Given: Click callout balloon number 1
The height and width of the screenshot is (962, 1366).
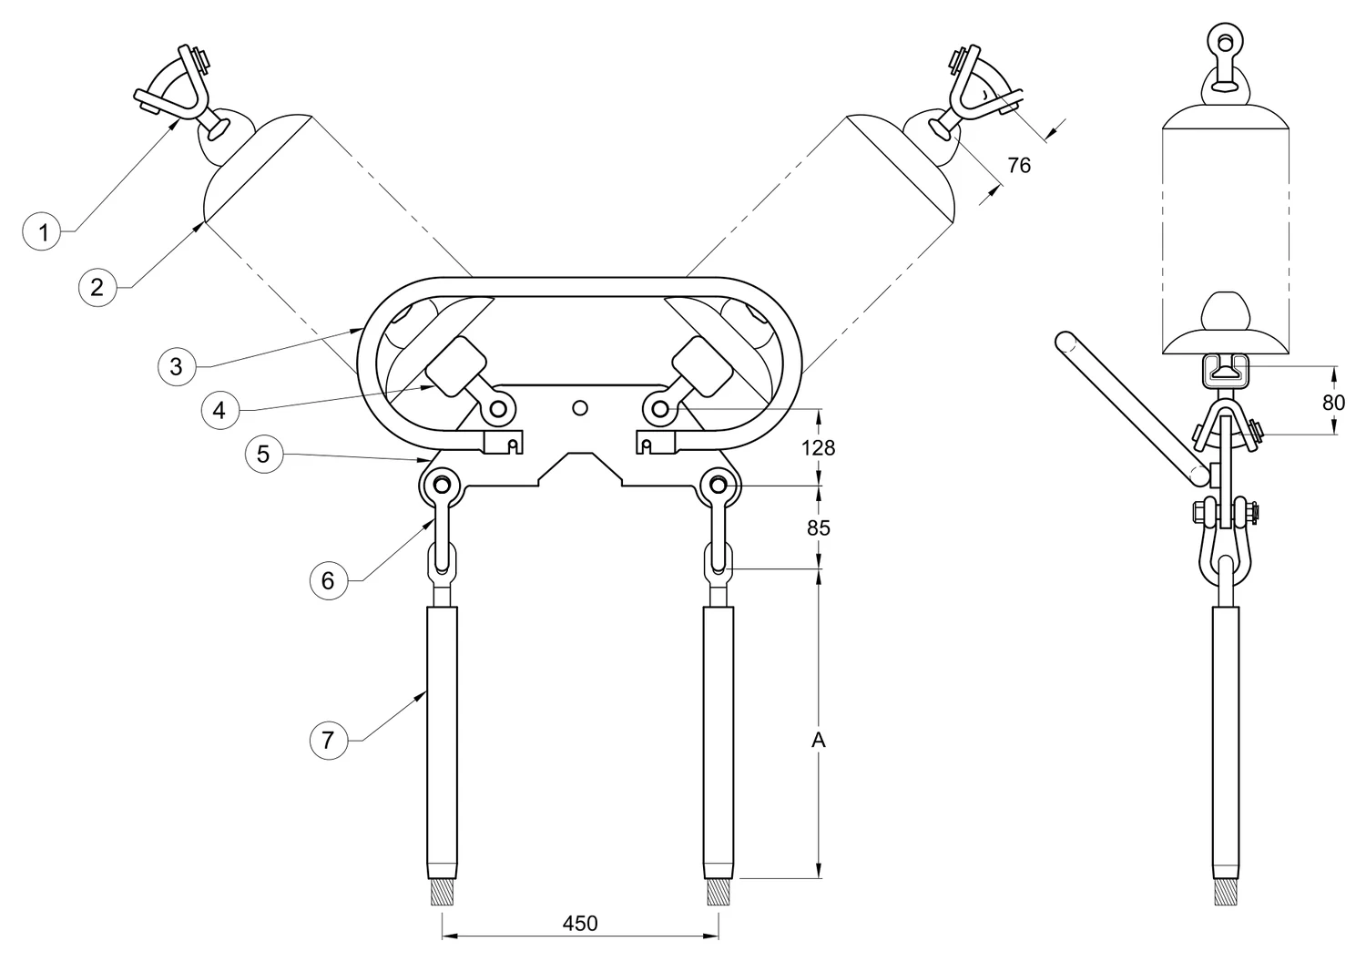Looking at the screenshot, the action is (42, 231).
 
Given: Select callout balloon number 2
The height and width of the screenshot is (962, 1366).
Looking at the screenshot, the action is (97, 287).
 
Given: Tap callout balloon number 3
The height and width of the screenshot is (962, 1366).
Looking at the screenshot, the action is (177, 366).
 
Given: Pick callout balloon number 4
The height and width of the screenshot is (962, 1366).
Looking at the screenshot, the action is (220, 411).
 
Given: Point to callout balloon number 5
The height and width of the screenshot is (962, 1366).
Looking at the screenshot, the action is (264, 454).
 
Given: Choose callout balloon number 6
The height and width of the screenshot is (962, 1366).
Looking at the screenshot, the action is (329, 580).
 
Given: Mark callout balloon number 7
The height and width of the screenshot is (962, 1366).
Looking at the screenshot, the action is (329, 741).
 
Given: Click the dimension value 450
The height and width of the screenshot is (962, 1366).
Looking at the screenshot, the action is (580, 924).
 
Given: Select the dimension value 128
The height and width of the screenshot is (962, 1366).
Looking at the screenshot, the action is (818, 448).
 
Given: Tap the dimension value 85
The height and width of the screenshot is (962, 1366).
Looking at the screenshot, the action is (819, 527).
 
